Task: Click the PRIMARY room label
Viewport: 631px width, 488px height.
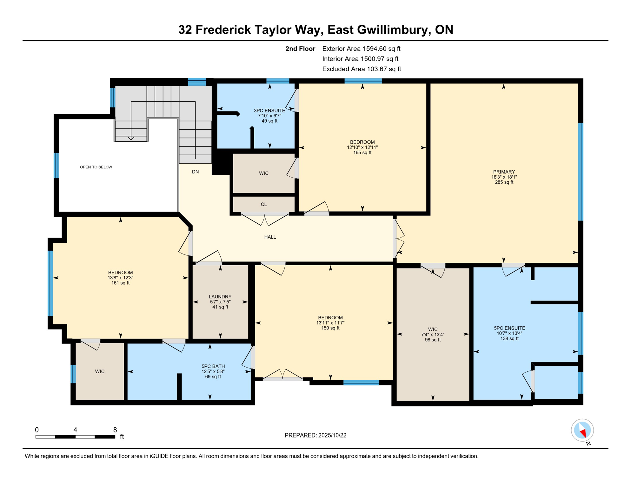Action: pos(504,172)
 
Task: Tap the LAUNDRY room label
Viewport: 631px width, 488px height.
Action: pos(220,297)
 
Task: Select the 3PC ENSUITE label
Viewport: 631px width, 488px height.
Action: pos(269,111)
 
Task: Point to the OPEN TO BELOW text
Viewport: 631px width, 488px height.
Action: pos(96,167)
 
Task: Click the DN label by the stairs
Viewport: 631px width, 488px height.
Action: pos(195,172)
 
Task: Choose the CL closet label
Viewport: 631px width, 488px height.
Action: pos(264,204)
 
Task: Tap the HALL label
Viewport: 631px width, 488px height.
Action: pos(270,237)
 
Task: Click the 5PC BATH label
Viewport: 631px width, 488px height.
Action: pos(213,366)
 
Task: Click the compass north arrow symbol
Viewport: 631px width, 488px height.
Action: pos(582,432)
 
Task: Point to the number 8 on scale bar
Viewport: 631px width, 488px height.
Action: pos(115,430)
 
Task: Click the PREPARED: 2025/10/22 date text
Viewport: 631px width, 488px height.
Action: pos(315,435)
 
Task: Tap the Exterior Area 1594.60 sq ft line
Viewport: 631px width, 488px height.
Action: pos(361,49)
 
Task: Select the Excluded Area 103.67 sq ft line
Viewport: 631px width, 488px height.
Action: pos(362,69)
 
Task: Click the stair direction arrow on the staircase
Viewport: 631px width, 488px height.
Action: pos(131,138)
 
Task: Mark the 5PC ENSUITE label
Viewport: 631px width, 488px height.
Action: pos(509,328)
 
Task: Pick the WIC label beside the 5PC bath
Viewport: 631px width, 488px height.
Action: pos(100,371)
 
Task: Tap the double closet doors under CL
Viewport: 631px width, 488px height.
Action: pos(265,219)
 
